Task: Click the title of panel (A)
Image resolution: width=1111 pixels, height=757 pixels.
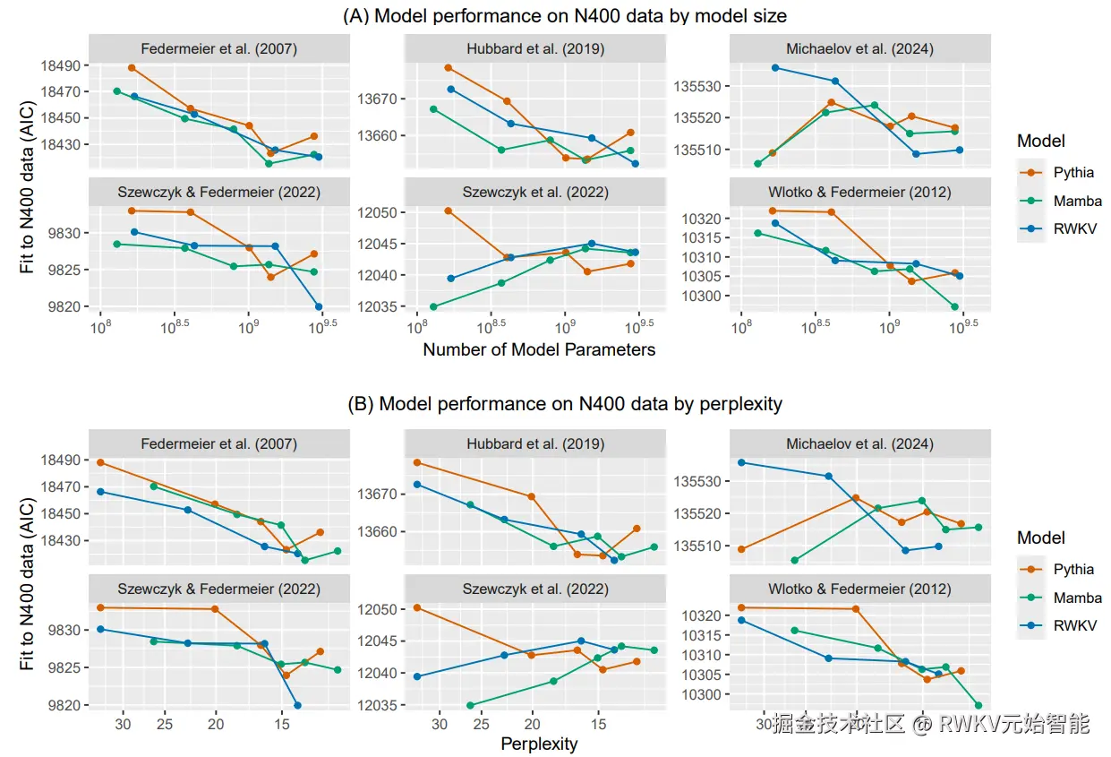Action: [x=564, y=15]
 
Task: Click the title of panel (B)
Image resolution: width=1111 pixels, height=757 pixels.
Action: [x=564, y=404]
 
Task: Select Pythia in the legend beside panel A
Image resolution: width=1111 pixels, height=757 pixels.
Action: [x=1073, y=173]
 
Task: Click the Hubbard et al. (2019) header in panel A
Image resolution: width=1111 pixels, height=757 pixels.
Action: [x=535, y=49]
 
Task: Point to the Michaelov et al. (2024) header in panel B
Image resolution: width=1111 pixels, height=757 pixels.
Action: [x=859, y=444]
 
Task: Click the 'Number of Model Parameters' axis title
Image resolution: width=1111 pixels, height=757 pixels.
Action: [x=539, y=350]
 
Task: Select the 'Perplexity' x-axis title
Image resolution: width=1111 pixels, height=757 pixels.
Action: [x=539, y=744]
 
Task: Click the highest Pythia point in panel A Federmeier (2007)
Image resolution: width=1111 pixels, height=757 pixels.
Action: [x=132, y=67]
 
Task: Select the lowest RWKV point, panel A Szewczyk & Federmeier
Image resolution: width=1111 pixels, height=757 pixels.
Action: [x=319, y=307]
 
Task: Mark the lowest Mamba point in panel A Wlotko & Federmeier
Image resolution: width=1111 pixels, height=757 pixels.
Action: [x=954, y=307]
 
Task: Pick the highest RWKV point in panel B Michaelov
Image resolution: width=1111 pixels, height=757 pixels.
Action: [x=741, y=462]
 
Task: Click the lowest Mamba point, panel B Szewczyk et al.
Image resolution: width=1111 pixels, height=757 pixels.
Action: [x=470, y=705]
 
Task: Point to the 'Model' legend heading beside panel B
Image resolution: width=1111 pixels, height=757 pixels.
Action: [x=1040, y=538]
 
